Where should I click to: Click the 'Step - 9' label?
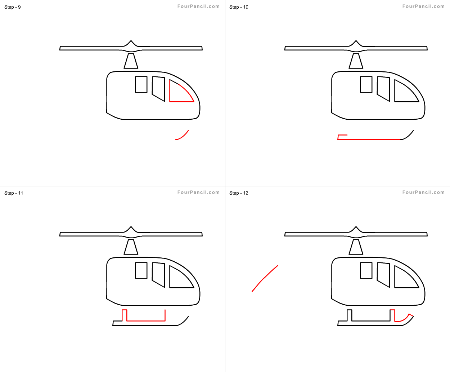coord(13,7)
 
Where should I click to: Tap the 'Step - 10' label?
coord(239,7)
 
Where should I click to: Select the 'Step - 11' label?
coord(14,193)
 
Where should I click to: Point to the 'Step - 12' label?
coord(239,193)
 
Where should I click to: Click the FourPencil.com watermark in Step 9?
coord(198,6)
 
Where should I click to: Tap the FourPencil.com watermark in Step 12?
coord(423,192)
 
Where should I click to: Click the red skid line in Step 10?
coord(369,139)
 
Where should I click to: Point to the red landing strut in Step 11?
coord(146,321)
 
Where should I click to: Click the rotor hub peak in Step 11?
coord(131,227)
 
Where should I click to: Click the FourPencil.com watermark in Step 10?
coord(423,6)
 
